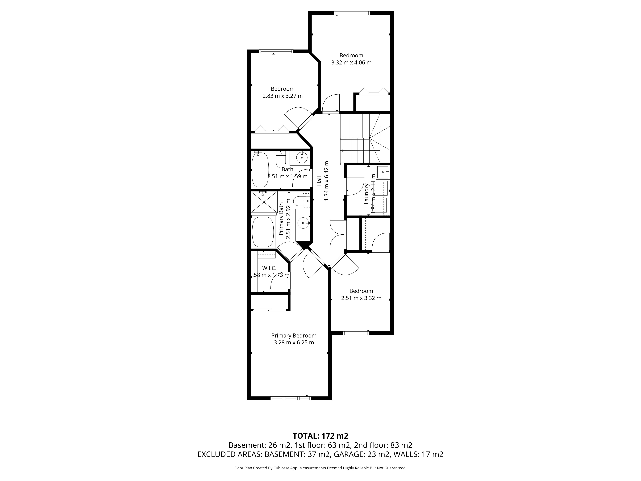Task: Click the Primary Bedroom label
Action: [294, 335]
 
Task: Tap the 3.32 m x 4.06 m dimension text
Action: [351, 62]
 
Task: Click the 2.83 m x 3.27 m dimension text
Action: [283, 96]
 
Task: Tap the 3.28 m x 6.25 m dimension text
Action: [294, 342]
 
